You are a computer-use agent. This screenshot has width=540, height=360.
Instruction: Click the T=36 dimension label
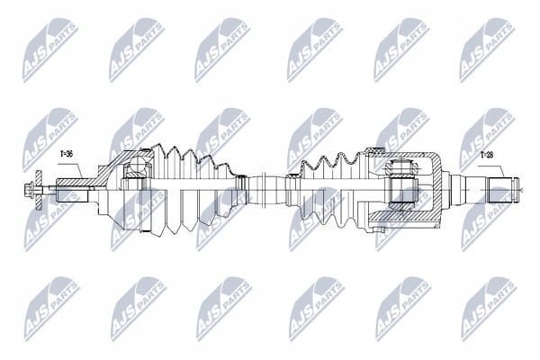(66, 154)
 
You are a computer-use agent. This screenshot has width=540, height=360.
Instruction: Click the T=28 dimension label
(486, 156)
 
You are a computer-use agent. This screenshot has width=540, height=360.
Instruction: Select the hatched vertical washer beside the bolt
(38, 190)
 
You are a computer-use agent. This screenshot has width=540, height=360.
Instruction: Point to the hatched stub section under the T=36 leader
(74, 182)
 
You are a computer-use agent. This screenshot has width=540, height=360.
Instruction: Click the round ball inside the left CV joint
(138, 166)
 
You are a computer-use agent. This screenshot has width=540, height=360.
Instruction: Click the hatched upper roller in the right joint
(401, 169)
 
